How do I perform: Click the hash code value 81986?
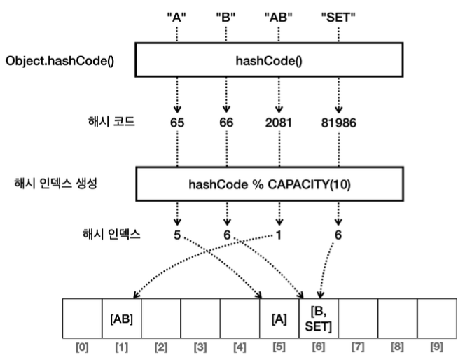point(338,122)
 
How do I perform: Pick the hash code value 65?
point(176,122)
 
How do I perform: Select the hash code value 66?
point(227,122)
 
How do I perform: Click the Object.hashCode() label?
point(60,61)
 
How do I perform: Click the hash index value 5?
point(176,235)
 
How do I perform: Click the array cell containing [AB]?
point(122,318)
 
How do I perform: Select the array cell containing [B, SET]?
point(319,318)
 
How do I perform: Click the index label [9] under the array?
point(436,347)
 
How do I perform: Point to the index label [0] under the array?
point(83,347)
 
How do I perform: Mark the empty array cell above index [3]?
point(201,318)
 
